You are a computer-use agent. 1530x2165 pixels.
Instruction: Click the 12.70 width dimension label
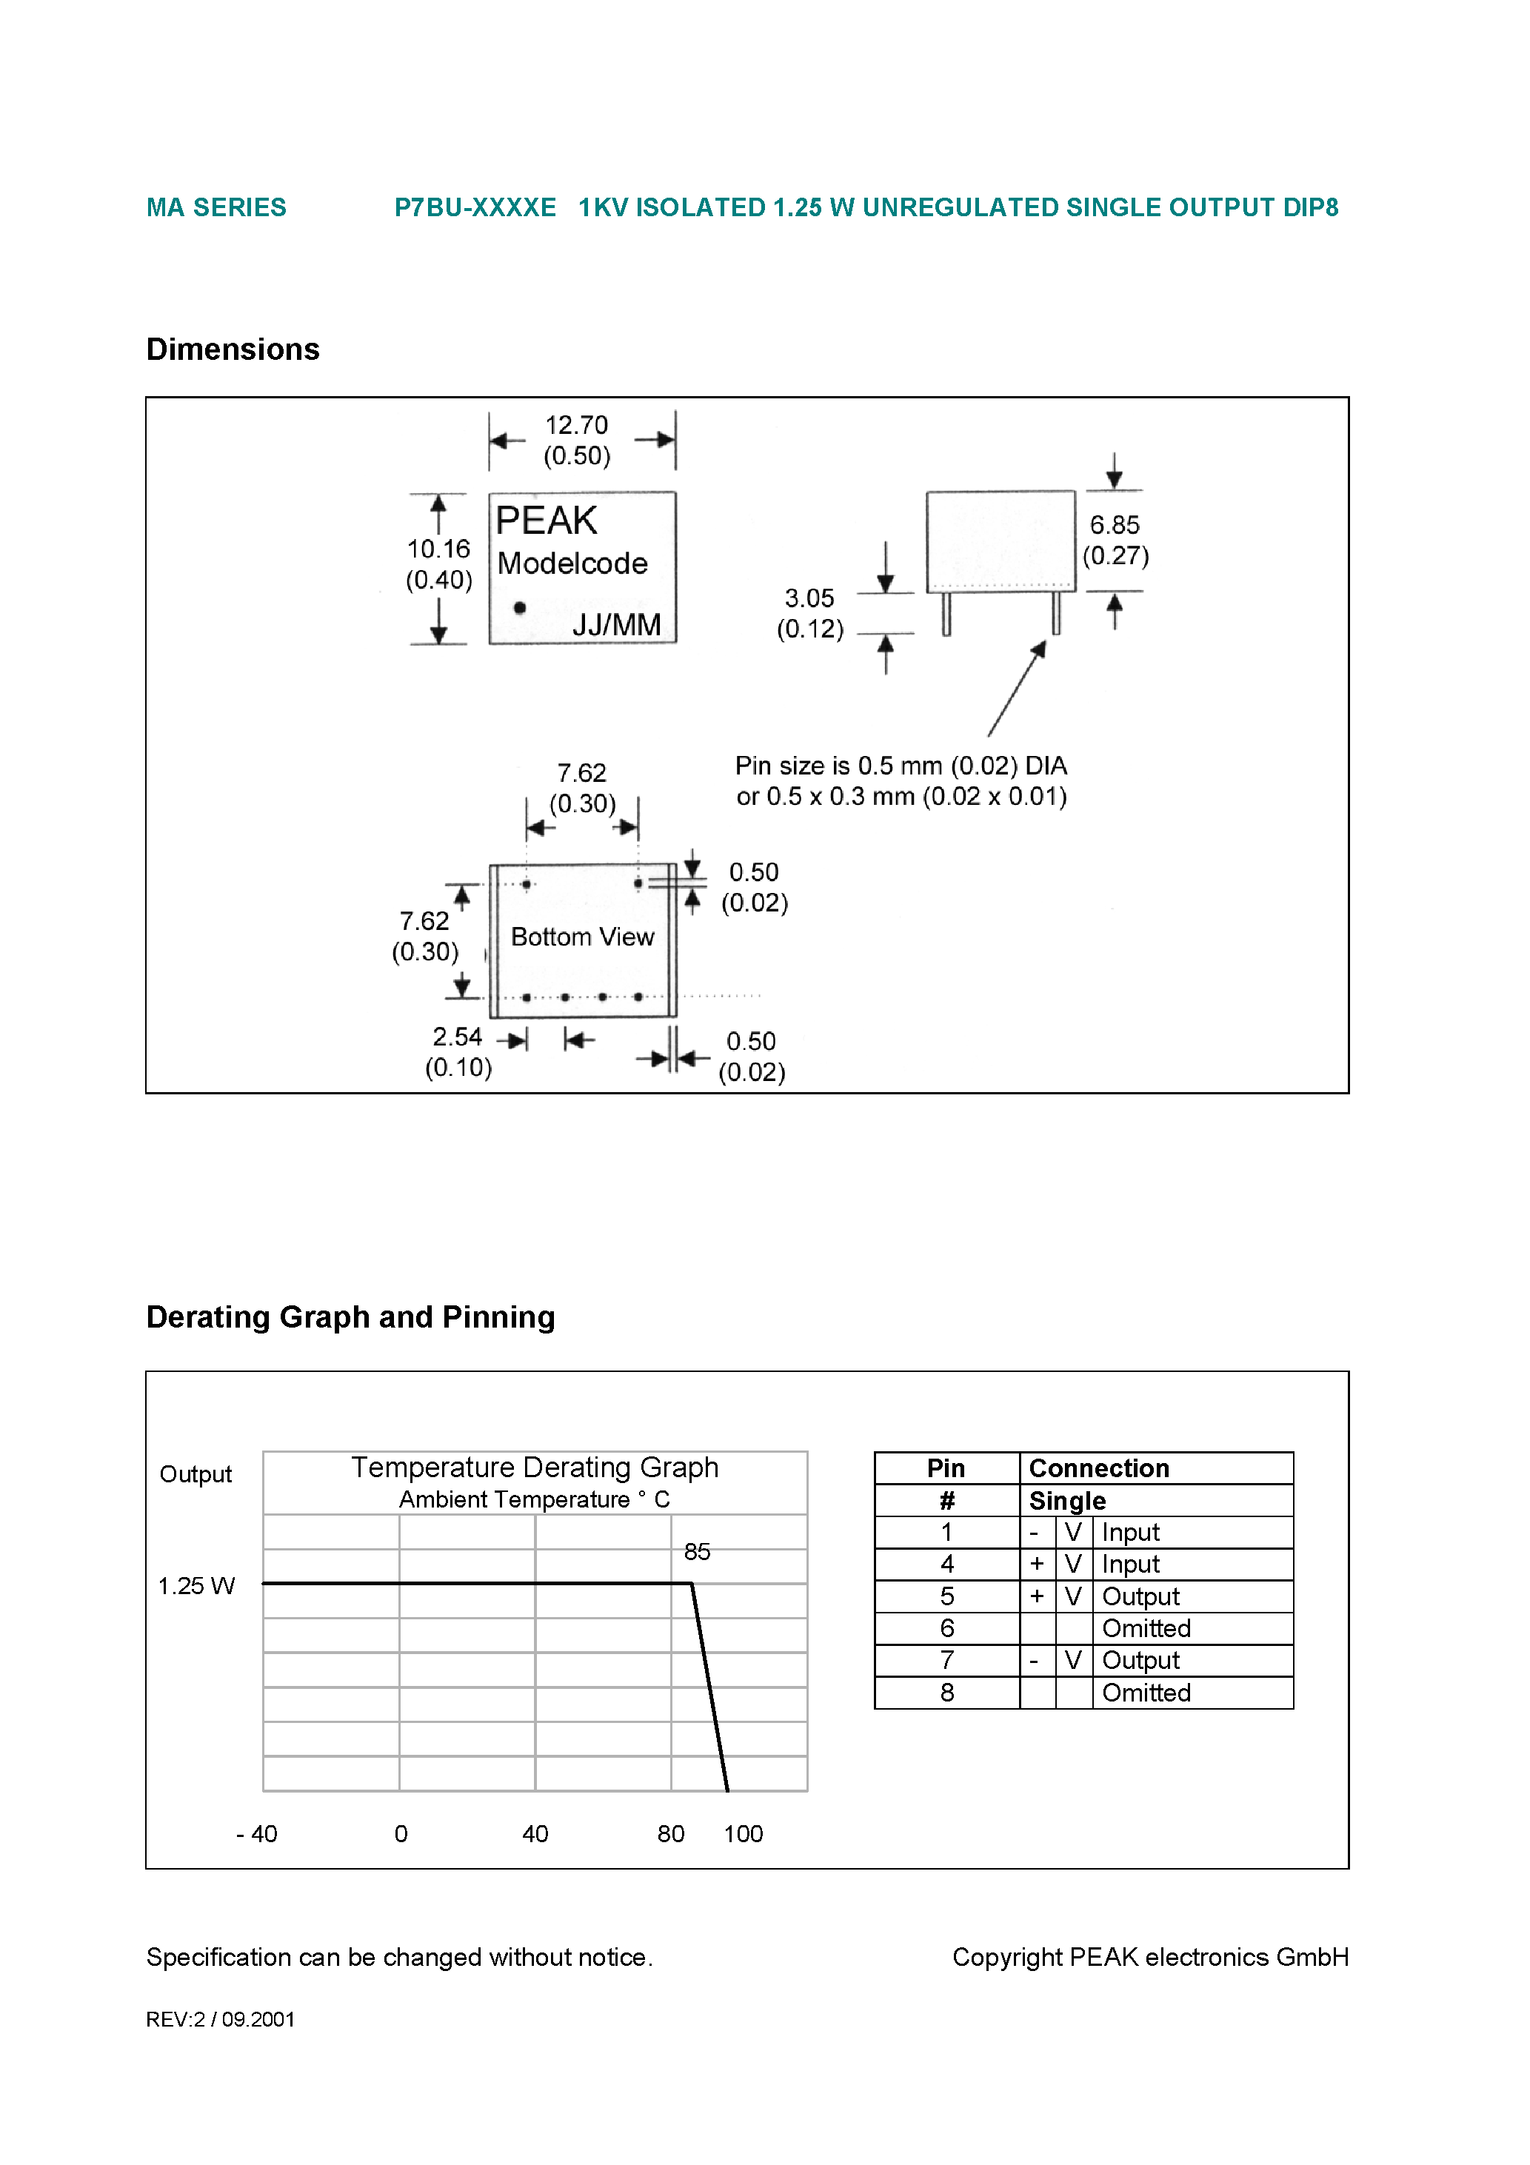(576, 425)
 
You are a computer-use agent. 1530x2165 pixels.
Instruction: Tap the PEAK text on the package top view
(546, 521)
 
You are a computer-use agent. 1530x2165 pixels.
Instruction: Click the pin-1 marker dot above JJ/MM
(520, 608)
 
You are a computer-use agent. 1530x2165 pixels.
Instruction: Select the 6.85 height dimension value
(1114, 525)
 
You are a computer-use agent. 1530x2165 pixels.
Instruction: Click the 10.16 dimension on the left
(438, 549)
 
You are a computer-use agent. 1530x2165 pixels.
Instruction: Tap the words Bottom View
(582, 937)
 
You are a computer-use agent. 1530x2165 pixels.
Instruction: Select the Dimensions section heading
(233, 349)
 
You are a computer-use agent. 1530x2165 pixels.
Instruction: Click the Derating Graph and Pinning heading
(350, 1316)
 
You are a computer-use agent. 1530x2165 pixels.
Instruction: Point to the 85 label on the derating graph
(697, 1552)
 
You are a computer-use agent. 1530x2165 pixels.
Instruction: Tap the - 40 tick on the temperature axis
(256, 1834)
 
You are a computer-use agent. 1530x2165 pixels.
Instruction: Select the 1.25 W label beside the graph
(196, 1586)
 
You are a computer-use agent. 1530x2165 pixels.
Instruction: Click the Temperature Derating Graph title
(535, 1468)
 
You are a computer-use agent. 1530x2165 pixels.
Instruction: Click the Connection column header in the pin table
(1099, 1468)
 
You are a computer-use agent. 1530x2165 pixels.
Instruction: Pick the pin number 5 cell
(947, 1596)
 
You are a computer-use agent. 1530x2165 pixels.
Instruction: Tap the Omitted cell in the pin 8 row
(1146, 1693)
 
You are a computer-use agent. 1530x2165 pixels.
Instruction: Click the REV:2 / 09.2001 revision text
(221, 2019)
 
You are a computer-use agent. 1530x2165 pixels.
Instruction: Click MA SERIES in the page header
(216, 207)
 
